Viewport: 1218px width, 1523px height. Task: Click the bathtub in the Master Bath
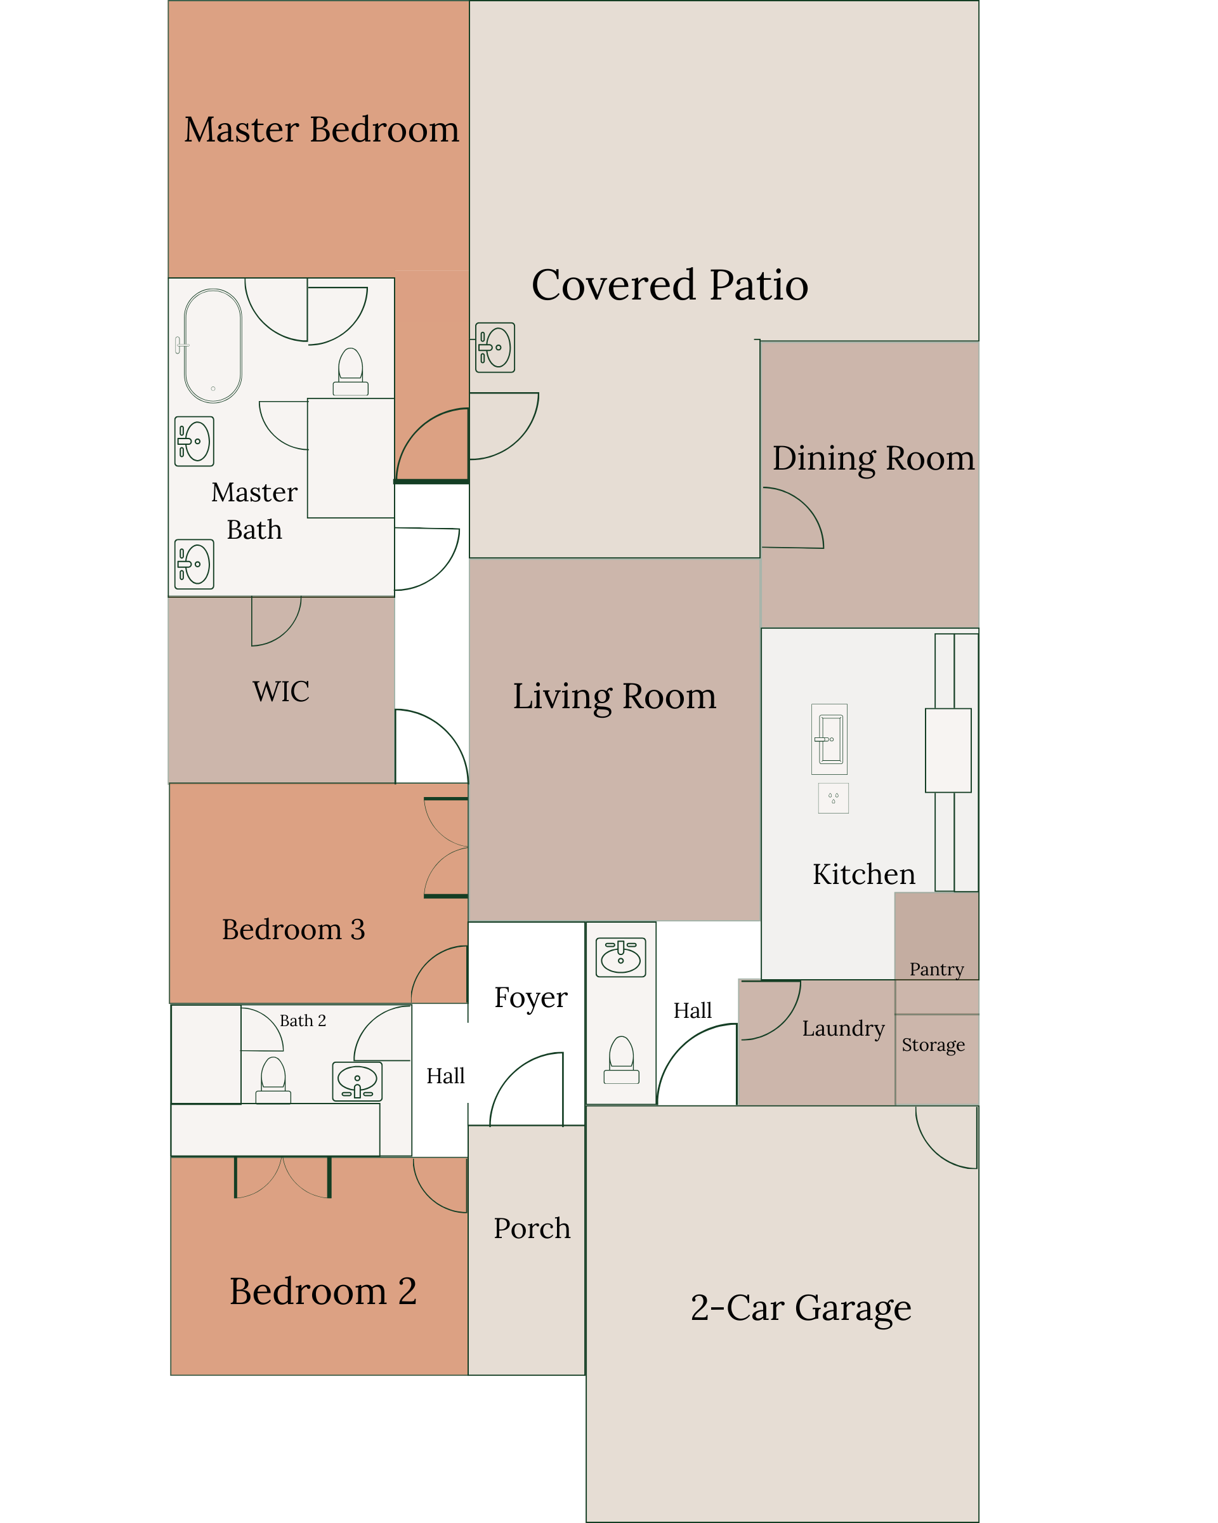pos(212,345)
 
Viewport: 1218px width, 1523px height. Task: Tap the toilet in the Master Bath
pos(350,372)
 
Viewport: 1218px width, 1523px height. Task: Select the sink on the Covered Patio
pos(495,348)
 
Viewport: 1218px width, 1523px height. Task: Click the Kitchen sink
pos(829,739)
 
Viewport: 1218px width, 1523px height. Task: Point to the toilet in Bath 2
pos(273,1080)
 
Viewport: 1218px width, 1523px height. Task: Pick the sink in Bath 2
pos(357,1081)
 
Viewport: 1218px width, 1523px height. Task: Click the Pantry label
pos(936,969)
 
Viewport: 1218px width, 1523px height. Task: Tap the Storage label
pos(933,1045)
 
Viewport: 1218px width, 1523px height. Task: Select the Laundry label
pos(843,1029)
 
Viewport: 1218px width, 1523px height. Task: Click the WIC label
pos(281,691)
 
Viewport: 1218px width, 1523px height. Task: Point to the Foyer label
pos(531,998)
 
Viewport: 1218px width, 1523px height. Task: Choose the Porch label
pos(532,1229)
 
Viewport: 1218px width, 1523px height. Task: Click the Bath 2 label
pos(303,1021)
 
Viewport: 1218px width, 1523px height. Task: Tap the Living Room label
pos(614,697)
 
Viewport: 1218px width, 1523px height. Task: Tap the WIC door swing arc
pos(287,631)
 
